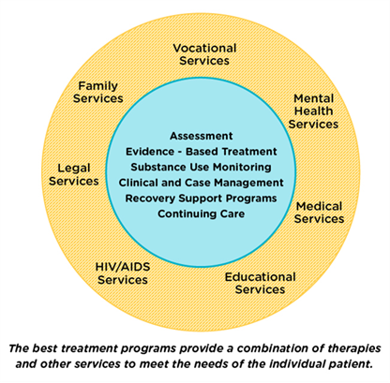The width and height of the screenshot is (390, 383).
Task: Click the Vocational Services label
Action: tap(204, 54)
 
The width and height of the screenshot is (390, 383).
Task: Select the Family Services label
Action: tap(99, 92)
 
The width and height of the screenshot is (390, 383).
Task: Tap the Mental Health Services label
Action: tap(313, 110)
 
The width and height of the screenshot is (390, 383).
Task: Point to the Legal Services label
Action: tap(73, 174)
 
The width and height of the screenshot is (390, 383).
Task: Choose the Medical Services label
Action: tap(320, 212)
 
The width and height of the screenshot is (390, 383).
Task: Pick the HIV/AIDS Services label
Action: tap(123, 273)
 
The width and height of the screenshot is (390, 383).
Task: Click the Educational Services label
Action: tap(260, 283)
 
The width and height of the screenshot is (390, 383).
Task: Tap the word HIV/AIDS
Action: tap(123, 267)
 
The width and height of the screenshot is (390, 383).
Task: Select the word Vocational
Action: tap(204, 48)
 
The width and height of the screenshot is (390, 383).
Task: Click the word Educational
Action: tap(260, 277)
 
